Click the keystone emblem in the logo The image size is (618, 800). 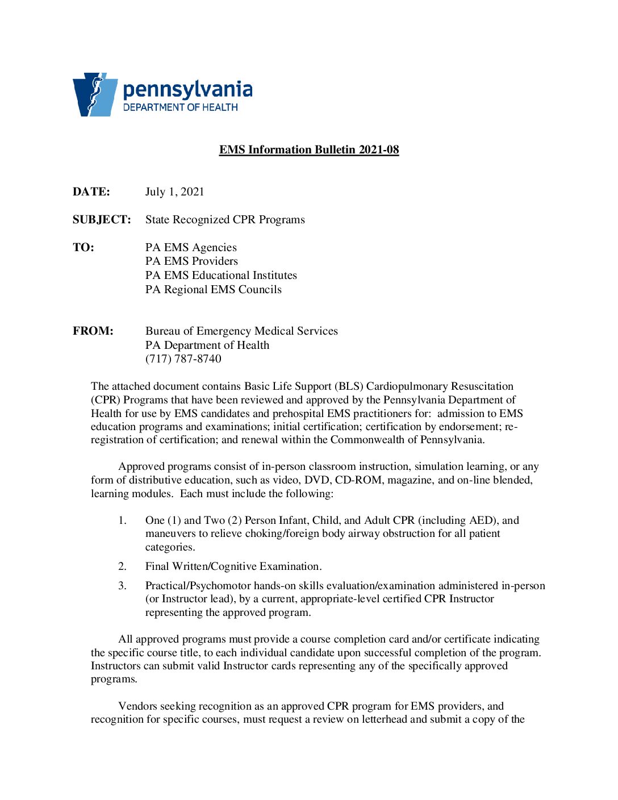pos(94,94)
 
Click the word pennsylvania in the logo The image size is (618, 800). pos(187,89)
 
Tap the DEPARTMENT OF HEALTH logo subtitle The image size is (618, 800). pos(180,107)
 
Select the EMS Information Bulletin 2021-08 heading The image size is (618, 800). pos(309,149)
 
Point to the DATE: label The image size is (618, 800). pos(91,191)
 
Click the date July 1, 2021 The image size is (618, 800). pos(174,191)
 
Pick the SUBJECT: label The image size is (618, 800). pos(102,219)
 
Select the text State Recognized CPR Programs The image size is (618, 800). pos(225,219)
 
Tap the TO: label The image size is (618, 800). pos(83,247)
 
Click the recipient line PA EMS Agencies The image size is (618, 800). pos(191,247)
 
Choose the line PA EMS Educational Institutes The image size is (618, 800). pos(221,275)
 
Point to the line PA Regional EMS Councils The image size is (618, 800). pos(213,289)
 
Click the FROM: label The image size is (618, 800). pos(93,331)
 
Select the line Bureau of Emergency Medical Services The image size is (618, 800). pos(241,331)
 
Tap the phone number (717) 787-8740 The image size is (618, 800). pos(183,359)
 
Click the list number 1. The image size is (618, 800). pos(122,520)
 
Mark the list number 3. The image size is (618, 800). pos(122,585)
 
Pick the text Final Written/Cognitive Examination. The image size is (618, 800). pos(233,566)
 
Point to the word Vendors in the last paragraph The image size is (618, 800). pos(137,706)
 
